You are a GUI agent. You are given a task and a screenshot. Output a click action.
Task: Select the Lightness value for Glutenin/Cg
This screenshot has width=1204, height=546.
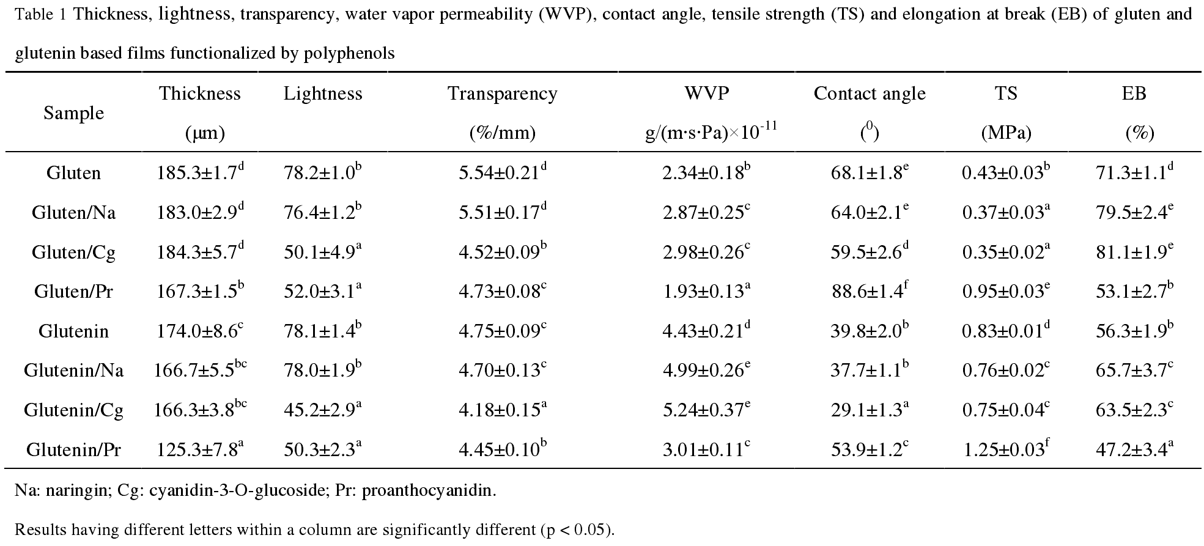click(x=319, y=410)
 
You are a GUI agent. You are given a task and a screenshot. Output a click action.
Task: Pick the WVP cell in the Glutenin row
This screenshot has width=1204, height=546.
click(x=706, y=331)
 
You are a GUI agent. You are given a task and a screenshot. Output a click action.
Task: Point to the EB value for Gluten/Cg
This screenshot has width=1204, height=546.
click(x=1134, y=252)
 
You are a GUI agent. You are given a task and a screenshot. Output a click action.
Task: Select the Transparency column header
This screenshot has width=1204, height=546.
click(x=502, y=94)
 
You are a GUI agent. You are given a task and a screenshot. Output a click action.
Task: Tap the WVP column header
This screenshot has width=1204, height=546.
click(x=707, y=94)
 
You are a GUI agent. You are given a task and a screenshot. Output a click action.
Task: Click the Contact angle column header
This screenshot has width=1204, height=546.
click(x=870, y=94)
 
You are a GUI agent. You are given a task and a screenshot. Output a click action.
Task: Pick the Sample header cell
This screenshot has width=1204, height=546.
click(x=73, y=113)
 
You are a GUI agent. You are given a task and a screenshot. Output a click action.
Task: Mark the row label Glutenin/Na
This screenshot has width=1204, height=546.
click(x=73, y=371)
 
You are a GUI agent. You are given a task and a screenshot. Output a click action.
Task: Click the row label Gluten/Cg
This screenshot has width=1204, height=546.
click(x=73, y=252)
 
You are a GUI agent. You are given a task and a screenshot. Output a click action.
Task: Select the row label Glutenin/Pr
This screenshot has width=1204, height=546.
click(x=73, y=450)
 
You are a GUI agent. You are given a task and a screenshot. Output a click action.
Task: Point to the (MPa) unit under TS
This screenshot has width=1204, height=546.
click(x=1006, y=133)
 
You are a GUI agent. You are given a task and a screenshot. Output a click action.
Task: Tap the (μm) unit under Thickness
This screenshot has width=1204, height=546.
click(x=205, y=133)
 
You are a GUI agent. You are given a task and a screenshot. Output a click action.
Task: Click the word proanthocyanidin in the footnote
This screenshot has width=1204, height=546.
click(x=428, y=491)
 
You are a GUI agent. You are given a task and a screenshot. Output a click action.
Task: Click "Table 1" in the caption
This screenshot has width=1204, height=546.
click(x=40, y=15)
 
